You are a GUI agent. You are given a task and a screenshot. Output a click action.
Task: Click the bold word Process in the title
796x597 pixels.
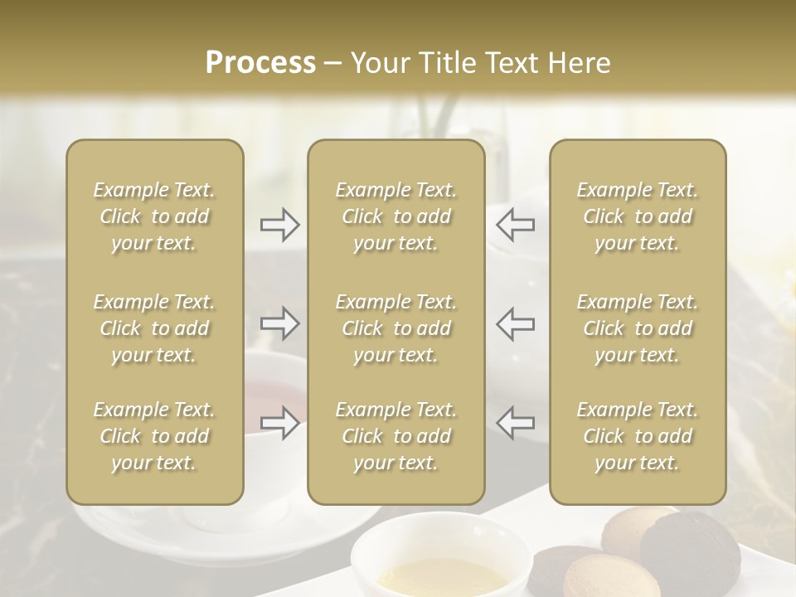(260, 63)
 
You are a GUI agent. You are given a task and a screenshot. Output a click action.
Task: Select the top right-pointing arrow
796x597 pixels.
(279, 223)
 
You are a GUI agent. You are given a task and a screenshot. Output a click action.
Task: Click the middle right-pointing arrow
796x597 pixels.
(279, 323)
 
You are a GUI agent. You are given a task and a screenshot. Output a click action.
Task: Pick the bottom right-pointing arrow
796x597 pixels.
(279, 423)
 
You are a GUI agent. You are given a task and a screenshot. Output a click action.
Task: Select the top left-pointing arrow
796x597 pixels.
(515, 223)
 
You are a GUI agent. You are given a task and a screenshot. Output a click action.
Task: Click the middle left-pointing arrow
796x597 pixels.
(515, 323)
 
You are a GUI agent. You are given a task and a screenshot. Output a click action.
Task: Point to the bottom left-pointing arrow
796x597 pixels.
(515, 423)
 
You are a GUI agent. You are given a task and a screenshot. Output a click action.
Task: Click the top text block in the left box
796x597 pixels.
(154, 216)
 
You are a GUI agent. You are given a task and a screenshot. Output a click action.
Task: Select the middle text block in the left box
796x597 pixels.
(154, 328)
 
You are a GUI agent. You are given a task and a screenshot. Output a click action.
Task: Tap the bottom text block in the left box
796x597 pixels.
(154, 436)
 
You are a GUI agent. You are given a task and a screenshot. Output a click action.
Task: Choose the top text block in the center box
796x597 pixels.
(396, 216)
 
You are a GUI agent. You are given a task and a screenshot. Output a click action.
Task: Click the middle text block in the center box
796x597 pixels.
(396, 328)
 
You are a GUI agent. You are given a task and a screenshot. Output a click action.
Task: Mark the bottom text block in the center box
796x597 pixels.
(396, 436)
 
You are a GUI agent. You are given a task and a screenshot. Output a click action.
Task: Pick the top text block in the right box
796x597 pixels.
(637, 216)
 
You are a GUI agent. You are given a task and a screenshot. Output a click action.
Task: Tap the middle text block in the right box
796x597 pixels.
(637, 328)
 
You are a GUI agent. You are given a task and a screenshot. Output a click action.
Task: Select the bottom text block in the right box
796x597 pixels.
(637, 436)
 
